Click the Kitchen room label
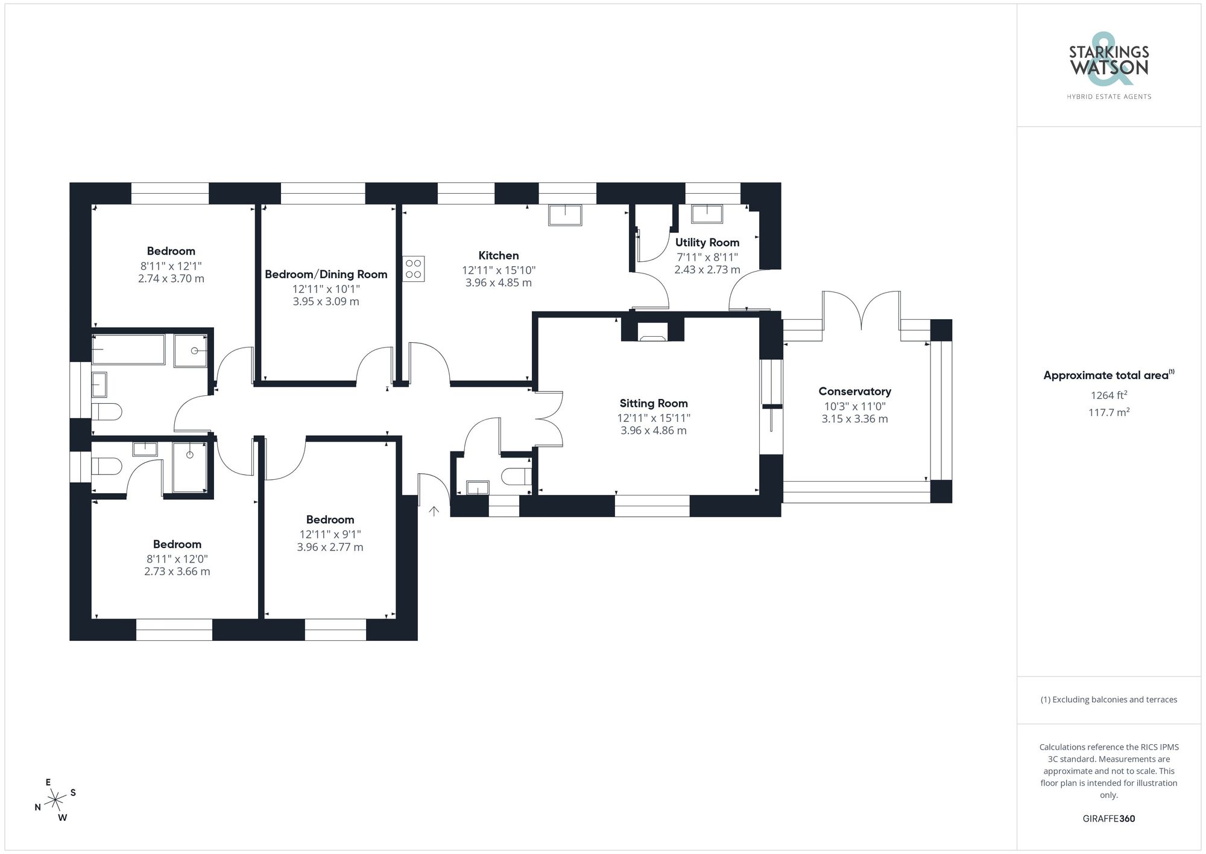click(498, 255)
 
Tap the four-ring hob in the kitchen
click(414, 269)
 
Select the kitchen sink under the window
click(565, 215)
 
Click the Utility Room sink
click(707, 214)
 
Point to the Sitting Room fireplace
click(652, 332)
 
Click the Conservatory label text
click(854, 391)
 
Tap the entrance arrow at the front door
click(434, 511)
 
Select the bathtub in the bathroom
click(128, 349)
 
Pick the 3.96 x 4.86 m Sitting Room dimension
click(653, 430)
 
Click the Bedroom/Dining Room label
click(326, 274)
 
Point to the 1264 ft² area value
click(1108, 395)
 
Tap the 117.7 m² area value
click(1108, 412)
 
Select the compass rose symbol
click(55, 800)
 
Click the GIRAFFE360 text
click(1108, 818)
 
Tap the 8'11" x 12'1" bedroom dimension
click(171, 266)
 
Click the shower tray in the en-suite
click(189, 467)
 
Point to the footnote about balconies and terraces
click(1108, 699)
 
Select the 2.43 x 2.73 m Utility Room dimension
click(707, 270)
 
